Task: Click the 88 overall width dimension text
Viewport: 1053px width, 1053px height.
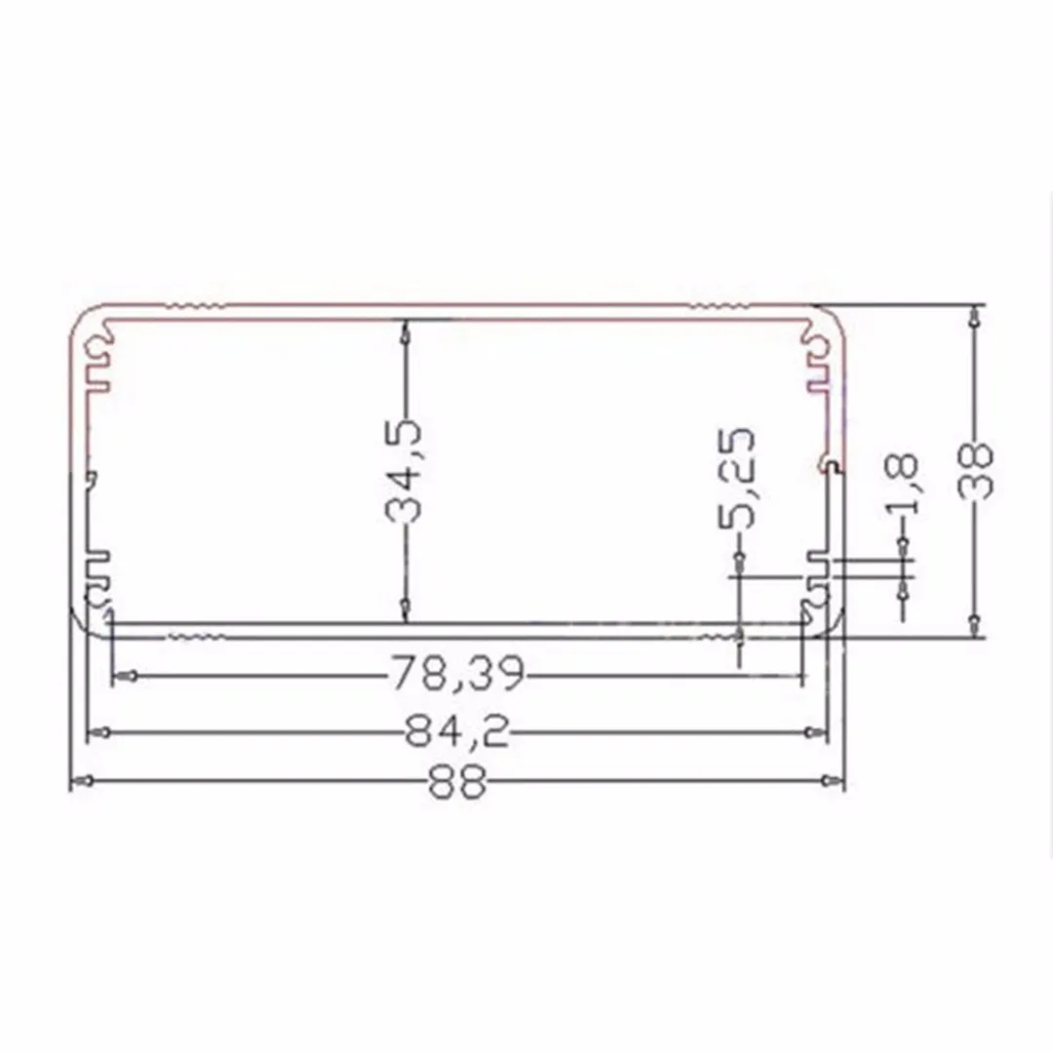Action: pos(457,784)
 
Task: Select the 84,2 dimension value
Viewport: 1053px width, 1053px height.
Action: pos(457,732)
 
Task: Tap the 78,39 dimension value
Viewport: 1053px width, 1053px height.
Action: pos(457,673)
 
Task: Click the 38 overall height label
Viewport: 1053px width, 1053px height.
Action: pos(975,471)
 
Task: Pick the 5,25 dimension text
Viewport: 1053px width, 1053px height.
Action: pos(739,478)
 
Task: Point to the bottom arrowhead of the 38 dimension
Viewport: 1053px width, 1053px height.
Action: pos(975,625)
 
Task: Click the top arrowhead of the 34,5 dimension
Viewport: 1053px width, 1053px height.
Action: pos(405,331)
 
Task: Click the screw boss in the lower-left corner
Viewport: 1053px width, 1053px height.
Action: pos(97,596)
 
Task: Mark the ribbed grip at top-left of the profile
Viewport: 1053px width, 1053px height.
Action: pos(195,307)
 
